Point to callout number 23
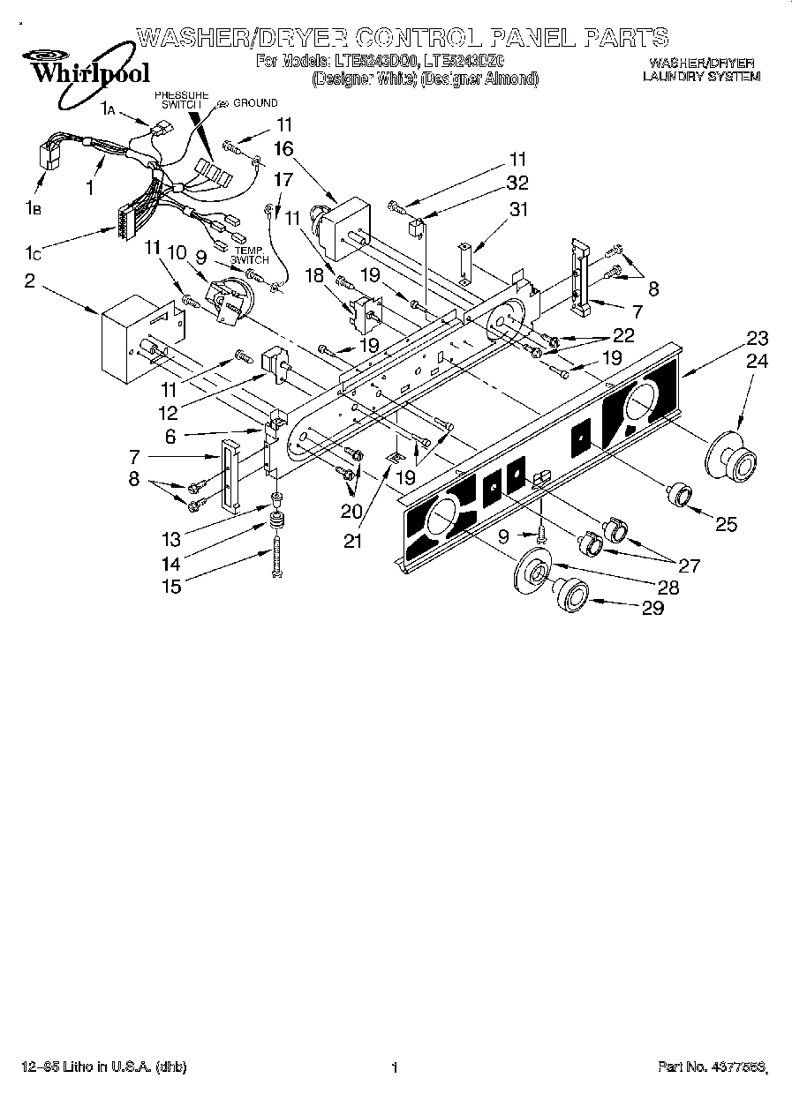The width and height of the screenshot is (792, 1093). click(x=757, y=338)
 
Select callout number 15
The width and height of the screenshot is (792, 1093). click(x=170, y=587)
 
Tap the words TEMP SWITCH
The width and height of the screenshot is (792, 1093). click(x=250, y=256)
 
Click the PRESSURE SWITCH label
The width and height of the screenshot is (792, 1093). click(x=182, y=99)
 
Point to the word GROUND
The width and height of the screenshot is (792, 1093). click(x=255, y=103)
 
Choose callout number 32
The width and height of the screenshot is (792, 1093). click(x=517, y=183)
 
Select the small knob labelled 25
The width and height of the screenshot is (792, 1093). click(x=680, y=495)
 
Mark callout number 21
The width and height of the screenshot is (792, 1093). click(x=353, y=542)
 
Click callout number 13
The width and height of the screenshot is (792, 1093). click(x=170, y=539)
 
